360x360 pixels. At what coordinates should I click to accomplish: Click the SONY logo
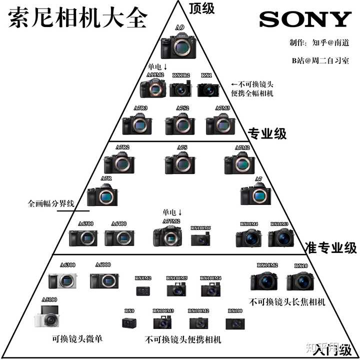pos(305,19)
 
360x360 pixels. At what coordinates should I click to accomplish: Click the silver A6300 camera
pos(63,280)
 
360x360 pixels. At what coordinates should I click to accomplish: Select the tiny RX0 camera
pos(129,322)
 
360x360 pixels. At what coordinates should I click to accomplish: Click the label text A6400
pos(119,223)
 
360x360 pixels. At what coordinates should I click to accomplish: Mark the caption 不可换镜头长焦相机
pos(287,301)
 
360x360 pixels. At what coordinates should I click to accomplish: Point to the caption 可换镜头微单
pos(77,338)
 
